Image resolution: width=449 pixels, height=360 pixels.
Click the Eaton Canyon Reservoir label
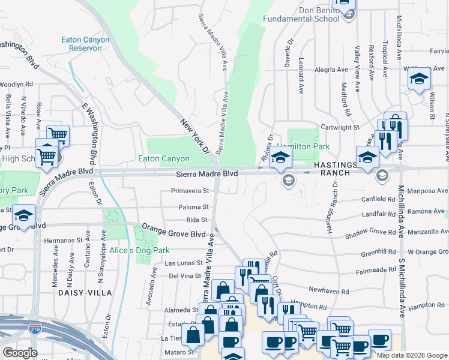click(x=85, y=44)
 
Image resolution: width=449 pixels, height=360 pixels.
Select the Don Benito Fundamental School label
click(x=302, y=14)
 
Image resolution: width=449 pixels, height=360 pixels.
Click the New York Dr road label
click(x=193, y=134)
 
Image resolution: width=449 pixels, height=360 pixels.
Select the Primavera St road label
click(x=189, y=191)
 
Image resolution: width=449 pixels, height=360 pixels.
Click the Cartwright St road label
click(x=339, y=127)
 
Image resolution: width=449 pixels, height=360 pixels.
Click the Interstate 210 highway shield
click(x=35, y=328)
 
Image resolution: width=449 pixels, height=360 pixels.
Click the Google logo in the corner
click(x=20, y=353)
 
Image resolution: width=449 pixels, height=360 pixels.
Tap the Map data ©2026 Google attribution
click(x=411, y=355)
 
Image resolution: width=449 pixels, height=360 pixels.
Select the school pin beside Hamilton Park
click(x=280, y=159)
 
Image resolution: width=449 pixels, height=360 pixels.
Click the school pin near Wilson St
click(x=418, y=80)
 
